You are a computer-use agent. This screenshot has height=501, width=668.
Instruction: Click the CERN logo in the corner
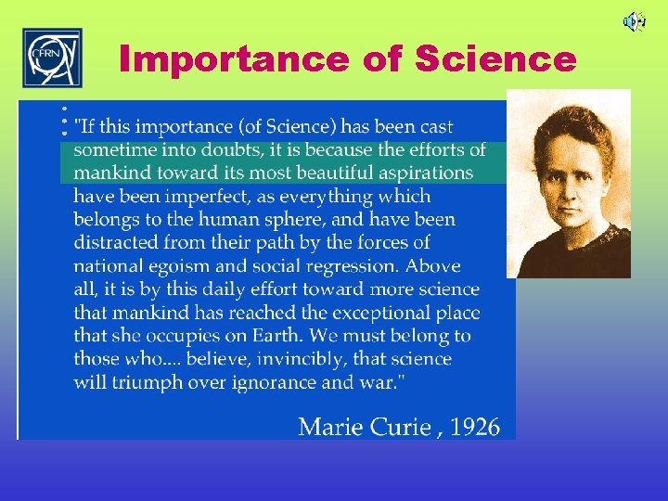pos(52,58)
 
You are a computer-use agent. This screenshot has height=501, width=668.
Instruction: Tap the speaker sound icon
pos(634,20)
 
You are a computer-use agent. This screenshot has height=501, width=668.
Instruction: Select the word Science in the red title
pos(495,59)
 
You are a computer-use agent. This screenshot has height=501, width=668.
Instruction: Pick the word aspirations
pos(426,173)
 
